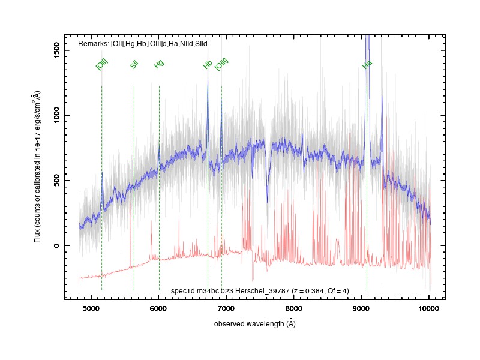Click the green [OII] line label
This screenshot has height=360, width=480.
click(102, 64)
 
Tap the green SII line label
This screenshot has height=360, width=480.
click(134, 65)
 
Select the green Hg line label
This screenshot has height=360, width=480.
click(159, 64)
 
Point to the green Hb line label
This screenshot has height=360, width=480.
click(208, 64)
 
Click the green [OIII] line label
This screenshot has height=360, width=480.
click(221, 64)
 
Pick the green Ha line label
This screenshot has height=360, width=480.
click(367, 64)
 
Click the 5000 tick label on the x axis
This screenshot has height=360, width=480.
click(91, 308)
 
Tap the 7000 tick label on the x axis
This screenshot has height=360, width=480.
click(226, 308)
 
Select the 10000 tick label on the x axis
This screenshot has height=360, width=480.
click(428, 308)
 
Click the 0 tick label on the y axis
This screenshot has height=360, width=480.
click(56, 245)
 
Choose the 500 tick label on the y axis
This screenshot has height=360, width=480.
click(56, 181)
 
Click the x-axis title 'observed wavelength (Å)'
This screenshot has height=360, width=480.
click(254, 323)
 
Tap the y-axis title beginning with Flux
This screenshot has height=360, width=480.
click(37, 167)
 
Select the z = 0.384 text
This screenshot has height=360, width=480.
click(308, 291)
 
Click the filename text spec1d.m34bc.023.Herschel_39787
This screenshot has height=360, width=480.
click(230, 291)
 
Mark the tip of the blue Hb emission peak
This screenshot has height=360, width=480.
click(208, 79)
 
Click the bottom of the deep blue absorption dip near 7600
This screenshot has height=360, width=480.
click(267, 202)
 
